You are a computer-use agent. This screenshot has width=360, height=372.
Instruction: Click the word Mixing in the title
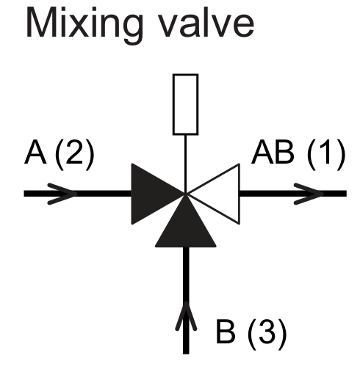(x=84, y=26)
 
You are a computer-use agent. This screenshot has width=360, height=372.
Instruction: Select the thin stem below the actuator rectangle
(x=185, y=164)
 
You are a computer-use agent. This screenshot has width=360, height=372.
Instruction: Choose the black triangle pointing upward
(x=186, y=226)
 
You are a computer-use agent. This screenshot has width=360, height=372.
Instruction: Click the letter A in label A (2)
(x=35, y=153)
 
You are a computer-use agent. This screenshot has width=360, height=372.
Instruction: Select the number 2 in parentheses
(x=74, y=153)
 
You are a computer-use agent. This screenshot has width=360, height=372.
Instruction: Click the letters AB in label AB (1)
(x=273, y=153)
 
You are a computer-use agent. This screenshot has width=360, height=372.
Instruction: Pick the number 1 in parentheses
(x=327, y=153)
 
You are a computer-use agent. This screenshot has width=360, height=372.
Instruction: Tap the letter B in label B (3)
(x=226, y=332)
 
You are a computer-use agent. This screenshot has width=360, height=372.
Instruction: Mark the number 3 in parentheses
(x=267, y=332)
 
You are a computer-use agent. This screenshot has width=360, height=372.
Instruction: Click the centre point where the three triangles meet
(x=186, y=194)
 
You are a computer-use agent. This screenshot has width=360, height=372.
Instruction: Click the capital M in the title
(x=40, y=23)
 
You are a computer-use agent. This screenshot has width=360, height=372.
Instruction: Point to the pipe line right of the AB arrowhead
(x=335, y=194)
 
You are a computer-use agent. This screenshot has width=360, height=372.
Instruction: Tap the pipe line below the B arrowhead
(x=186, y=343)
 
